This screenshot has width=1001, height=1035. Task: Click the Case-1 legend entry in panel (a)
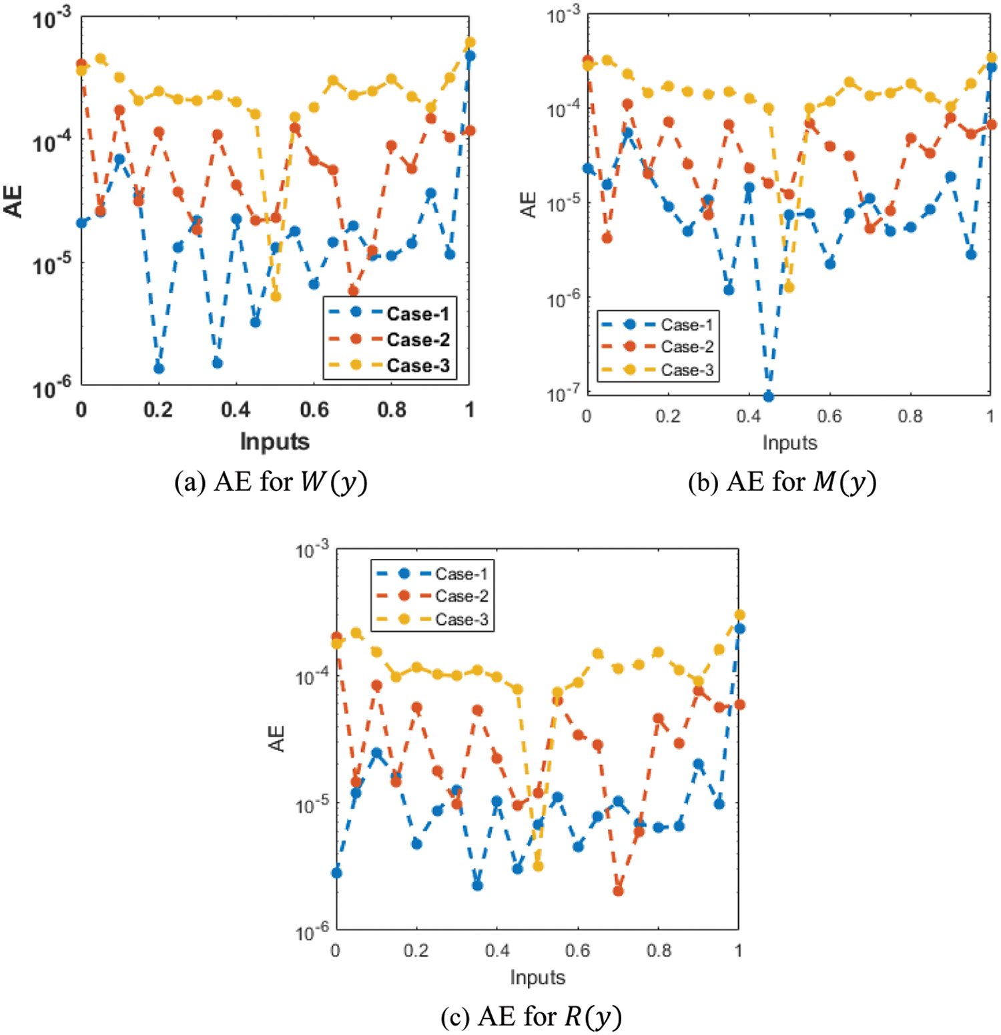[418, 313]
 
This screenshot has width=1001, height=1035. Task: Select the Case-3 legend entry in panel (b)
[687, 369]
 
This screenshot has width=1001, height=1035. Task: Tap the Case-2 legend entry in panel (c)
[461, 596]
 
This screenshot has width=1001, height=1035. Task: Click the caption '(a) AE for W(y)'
[271, 481]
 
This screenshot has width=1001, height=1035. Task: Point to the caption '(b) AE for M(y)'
[782, 481]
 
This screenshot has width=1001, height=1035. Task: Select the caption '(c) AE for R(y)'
[531, 1016]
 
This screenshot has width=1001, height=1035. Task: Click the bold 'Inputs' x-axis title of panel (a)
[274, 441]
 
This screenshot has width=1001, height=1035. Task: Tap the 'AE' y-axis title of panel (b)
[529, 204]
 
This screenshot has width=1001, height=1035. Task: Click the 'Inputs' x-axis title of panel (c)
[537, 977]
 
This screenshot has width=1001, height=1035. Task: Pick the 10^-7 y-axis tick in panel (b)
[562, 393]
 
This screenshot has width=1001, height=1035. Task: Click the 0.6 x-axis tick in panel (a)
[314, 409]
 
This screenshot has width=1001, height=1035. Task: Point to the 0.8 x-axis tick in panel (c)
[659, 950]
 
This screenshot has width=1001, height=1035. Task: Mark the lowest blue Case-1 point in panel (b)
[768, 396]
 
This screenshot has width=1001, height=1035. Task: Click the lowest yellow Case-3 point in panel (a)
[276, 296]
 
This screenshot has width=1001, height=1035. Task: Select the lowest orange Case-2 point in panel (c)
[618, 891]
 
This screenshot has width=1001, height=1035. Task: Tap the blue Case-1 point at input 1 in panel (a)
[470, 55]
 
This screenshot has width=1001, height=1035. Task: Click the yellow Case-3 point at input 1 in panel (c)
[739, 615]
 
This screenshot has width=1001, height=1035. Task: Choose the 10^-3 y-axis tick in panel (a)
[51, 19]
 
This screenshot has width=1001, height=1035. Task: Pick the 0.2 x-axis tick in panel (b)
[667, 416]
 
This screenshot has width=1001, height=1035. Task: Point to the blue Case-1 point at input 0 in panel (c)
[336, 873]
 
